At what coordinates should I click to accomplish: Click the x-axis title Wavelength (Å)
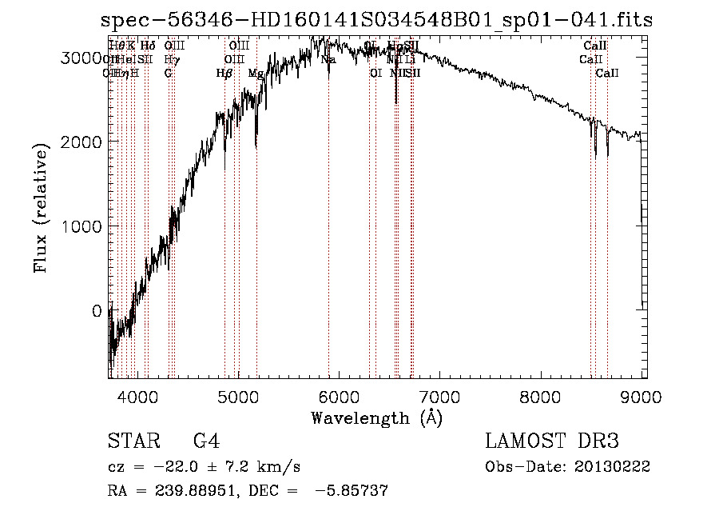(x=376, y=417)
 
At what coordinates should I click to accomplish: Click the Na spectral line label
(x=328, y=59)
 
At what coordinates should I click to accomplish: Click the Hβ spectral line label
(x=224, y=73)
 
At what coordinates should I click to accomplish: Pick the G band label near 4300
(x=168, y=73)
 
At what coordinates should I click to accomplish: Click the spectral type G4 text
(x=205, y=441)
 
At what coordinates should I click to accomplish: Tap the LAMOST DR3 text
(x=551, y=441)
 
